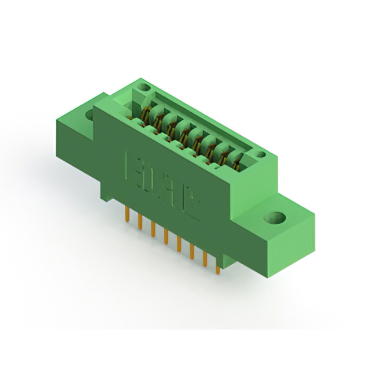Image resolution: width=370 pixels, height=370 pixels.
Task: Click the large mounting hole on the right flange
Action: pyautogui.click(x=276, y=219)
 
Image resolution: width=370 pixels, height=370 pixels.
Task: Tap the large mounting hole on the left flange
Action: pyautogui.click(x=91, y=114)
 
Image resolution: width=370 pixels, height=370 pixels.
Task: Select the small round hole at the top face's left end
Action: pyautogui.click(x=145, y=88)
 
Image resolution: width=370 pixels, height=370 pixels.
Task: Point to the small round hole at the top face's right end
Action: pyautogui.click(x=261, y=154)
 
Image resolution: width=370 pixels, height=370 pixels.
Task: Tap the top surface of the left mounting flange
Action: pyautogui.click(x=87, y=107)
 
